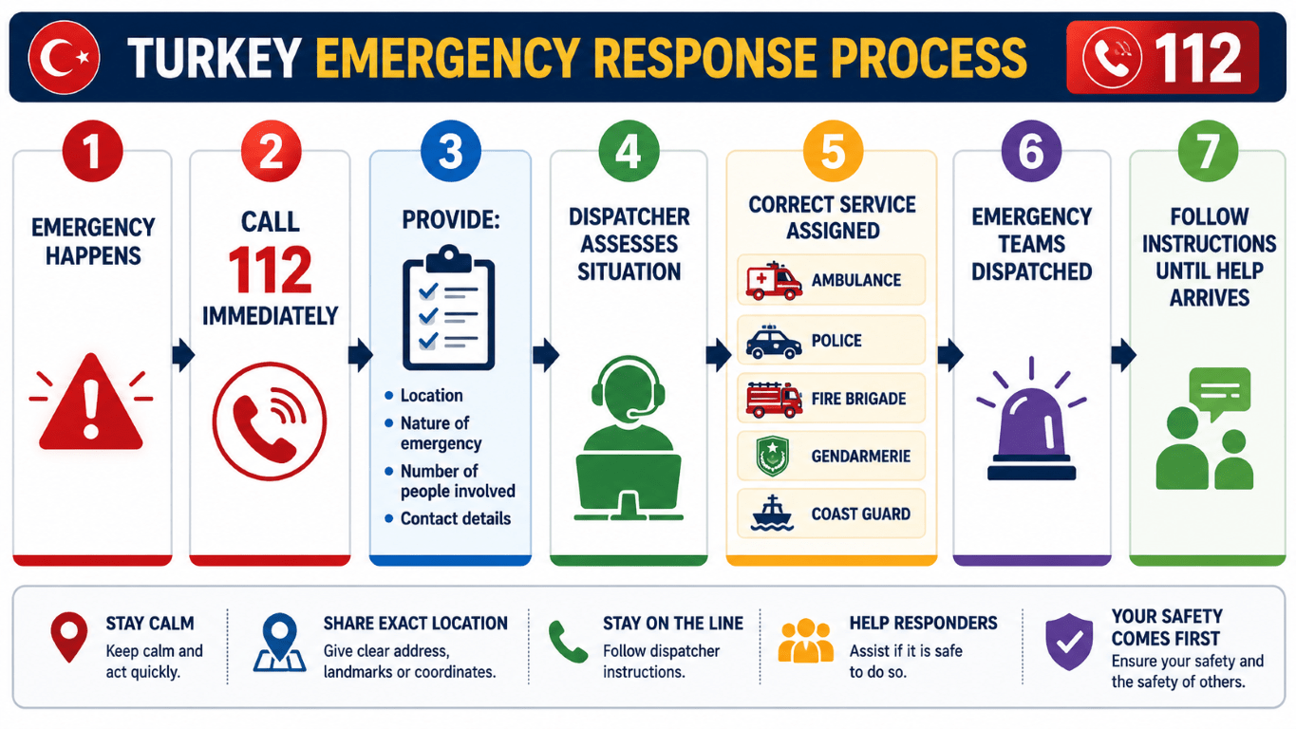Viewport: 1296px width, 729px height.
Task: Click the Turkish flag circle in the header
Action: click(x=64, y=57)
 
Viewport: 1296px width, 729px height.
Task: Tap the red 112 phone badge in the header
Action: click(x=1162, y=57)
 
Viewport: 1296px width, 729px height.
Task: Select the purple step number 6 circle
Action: click(x=1031, y=151)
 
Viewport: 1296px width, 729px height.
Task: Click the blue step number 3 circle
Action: click(x=451, y=151)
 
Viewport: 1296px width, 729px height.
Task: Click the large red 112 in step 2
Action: click(x=271, y=270)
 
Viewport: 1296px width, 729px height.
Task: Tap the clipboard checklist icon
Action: click(x=448, y=308)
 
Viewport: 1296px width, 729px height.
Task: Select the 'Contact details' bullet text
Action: click(x=456, y=518)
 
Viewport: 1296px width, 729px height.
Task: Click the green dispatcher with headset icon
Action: click(x=629, y=438)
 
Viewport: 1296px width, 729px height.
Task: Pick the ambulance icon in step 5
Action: click(x=774, y=281)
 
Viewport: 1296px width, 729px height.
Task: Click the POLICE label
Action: click(x=836, y=340)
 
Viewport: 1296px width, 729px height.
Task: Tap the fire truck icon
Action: click(x=774, y=400)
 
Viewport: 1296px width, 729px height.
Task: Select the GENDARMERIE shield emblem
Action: click(x=773, y=456)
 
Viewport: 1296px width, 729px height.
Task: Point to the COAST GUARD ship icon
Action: click(x=772, y=514)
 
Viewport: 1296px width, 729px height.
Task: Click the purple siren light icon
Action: click(x=1031, y=419)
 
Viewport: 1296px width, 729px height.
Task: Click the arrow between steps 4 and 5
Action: click(x=719, y=354)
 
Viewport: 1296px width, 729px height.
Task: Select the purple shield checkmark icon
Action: click(x=1069, y=642)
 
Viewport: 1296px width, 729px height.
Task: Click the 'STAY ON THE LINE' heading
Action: click(x=673, y=623)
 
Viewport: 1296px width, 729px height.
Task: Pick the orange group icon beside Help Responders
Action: click(x=805, y=641)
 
